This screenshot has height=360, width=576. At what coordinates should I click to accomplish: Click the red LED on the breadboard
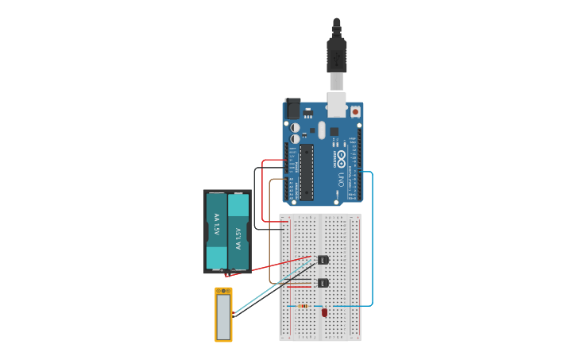click(x=324, y=313)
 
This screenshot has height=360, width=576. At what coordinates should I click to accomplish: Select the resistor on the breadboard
click(x=303, y=306)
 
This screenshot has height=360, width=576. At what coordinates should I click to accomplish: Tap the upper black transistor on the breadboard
click(x=323, y=260)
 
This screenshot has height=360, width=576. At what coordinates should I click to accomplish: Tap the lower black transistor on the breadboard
click(x=323, y=283)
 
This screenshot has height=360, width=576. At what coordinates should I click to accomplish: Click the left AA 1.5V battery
click(x=217, y=230)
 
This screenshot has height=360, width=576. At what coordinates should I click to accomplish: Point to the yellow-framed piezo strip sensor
click(x=223, y=315)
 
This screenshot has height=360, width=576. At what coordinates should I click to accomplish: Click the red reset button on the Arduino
click(x=355, y=112)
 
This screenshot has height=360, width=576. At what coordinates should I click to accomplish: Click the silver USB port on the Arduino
click(x=337, y=103)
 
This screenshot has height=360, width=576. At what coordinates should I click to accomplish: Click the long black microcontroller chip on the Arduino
click(x=307, y=172)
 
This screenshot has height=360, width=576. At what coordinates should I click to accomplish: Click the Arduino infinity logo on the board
click(x=342, y=156)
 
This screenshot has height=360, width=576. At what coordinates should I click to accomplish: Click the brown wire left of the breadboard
click(x=270, y=230)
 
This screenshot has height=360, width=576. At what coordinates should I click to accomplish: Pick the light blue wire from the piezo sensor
click(x=270, y=287)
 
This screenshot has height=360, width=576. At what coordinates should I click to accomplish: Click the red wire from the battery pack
click(x=270, y=266)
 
